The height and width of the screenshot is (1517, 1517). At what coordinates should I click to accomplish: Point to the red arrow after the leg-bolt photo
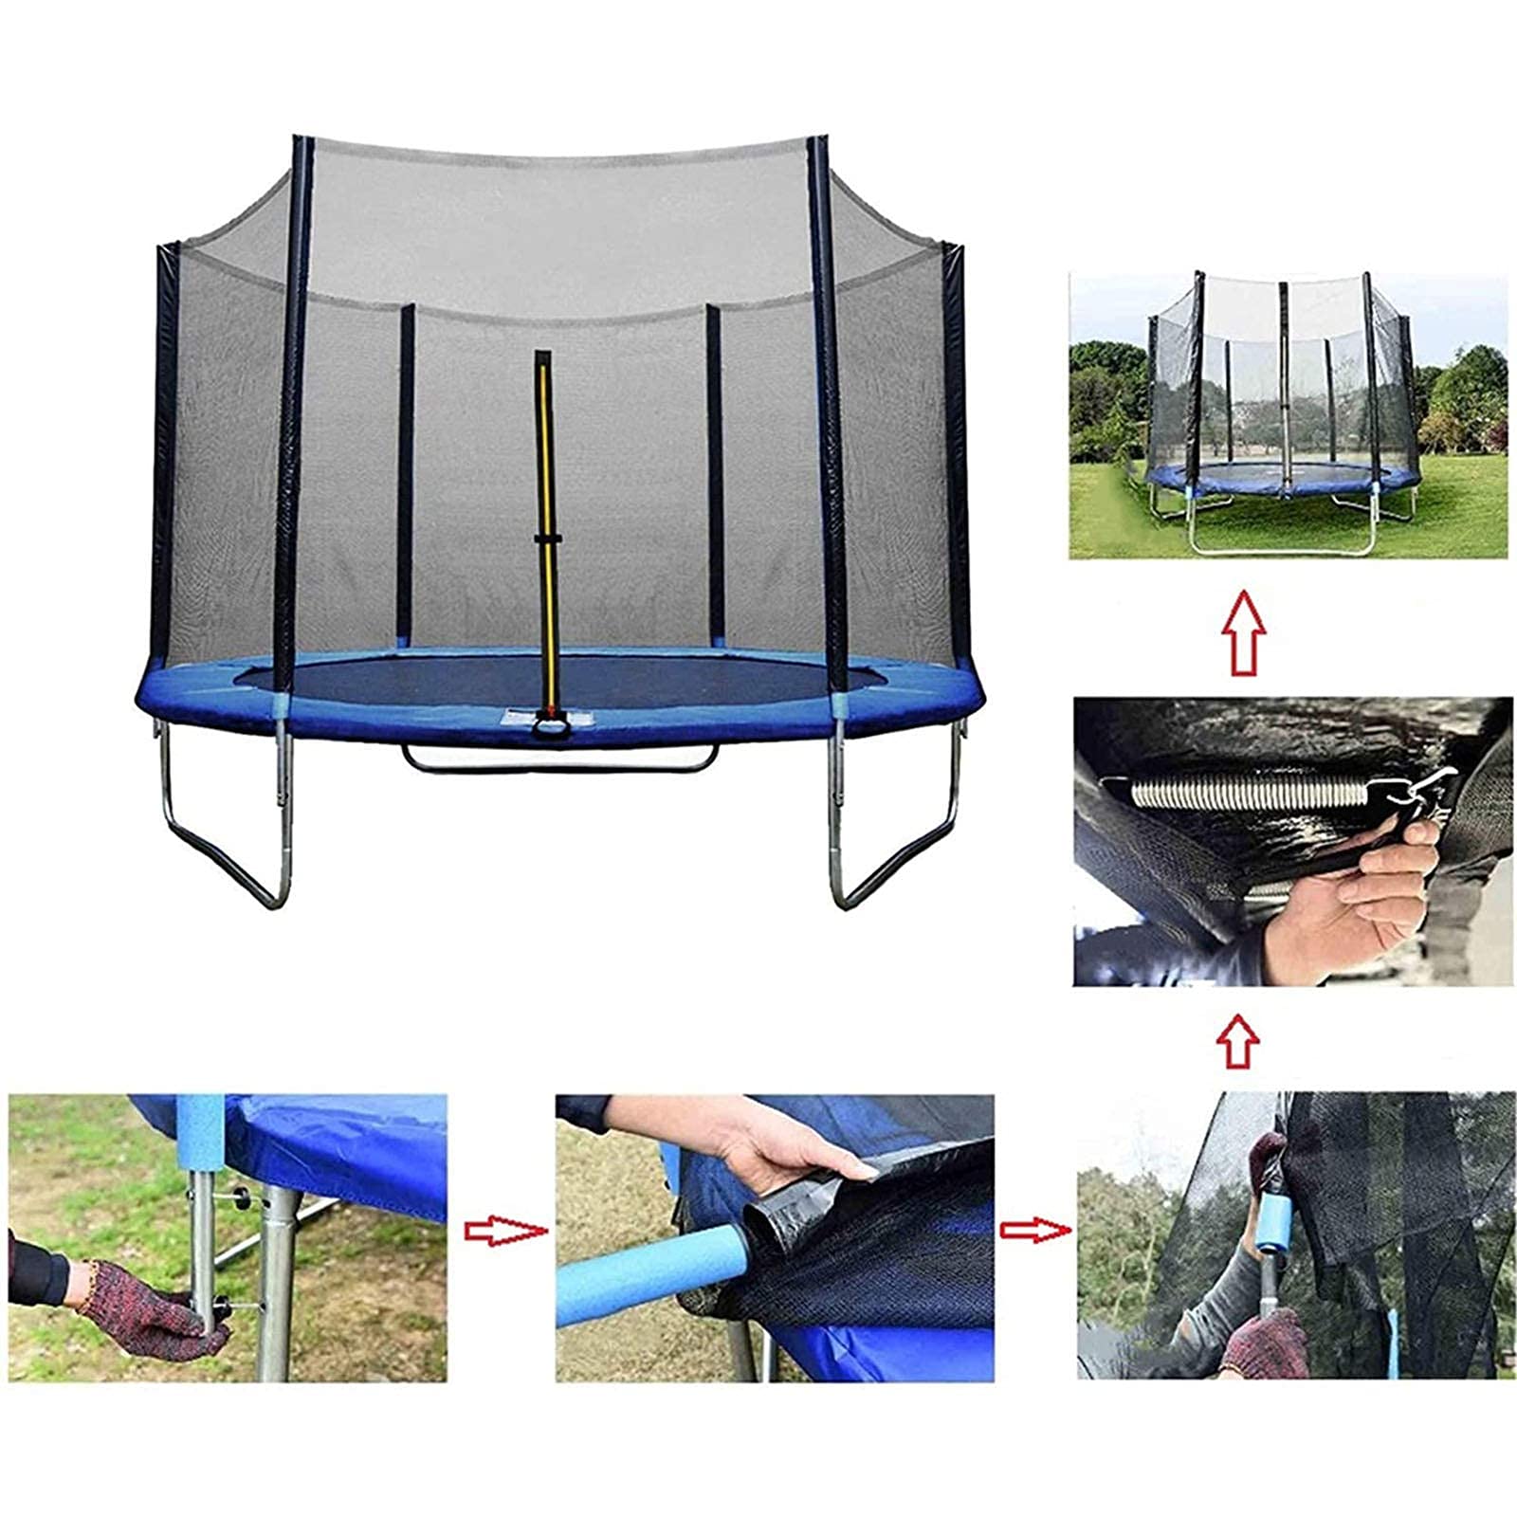click(503, 1231)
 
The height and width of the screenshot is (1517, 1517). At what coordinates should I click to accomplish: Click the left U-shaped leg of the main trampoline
click(228, 834)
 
